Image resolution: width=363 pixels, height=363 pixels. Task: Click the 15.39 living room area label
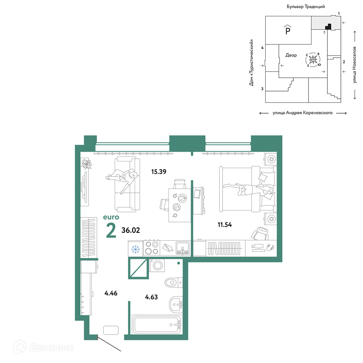[159, 172]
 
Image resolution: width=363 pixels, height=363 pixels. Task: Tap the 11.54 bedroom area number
[225, 225]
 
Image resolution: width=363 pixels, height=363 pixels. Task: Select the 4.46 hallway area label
[111, 293]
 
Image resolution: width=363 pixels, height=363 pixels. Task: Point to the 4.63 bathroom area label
[151, 297]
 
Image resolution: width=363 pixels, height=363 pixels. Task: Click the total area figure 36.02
[131, 230]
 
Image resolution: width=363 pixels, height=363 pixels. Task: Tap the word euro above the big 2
[111, 217]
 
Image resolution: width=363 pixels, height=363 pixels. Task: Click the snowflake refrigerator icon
[135, 249]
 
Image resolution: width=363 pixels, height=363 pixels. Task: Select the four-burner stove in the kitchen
[152, 248]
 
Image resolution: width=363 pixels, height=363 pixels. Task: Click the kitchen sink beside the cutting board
[183, 248]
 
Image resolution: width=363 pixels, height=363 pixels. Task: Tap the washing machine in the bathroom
[157, 265]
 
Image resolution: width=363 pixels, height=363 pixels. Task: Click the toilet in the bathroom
[174, 282]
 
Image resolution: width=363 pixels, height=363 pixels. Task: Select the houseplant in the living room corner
[87, 164]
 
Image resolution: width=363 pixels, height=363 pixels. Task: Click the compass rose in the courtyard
[313, 60]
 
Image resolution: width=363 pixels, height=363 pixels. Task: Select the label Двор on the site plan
[291, 55]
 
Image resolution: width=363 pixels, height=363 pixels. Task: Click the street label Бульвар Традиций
[306, 7]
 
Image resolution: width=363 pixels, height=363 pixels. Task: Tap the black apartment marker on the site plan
[329, 27]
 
